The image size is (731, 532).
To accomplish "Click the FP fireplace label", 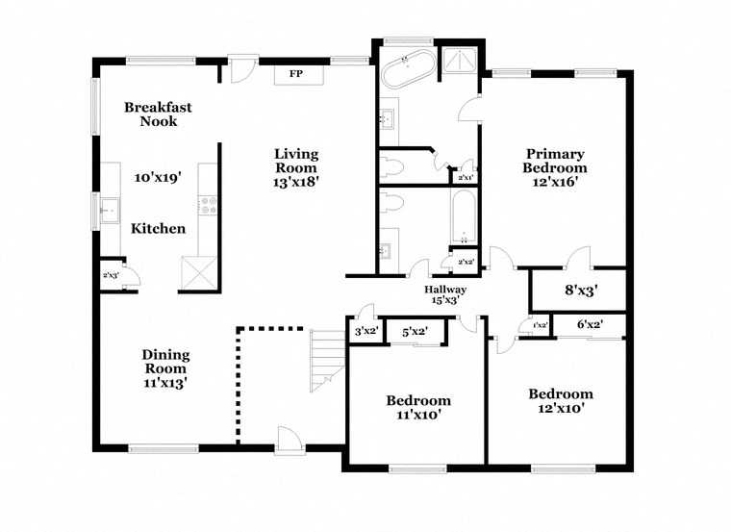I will tap(296, 73).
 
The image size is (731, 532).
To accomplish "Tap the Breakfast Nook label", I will tap(158, 114).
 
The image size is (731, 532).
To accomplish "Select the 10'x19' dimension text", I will tap(158, 178).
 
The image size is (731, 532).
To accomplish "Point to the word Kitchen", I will tap(159, 229).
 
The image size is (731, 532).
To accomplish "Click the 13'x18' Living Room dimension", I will tap(295, 179).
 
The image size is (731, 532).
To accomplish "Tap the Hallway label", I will tap(446, 290).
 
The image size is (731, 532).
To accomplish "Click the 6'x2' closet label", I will tap(589, 326).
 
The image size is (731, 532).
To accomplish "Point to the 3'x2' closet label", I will tap(366, 332).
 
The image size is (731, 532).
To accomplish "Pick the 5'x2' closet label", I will tap(415, 332).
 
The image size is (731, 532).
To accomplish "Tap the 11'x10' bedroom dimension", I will tap(418, 415).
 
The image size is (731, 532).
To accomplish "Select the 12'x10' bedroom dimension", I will tap(560, 408).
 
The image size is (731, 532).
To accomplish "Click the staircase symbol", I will tap(326, 360).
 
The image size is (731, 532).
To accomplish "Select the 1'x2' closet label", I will tap(540, 326).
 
